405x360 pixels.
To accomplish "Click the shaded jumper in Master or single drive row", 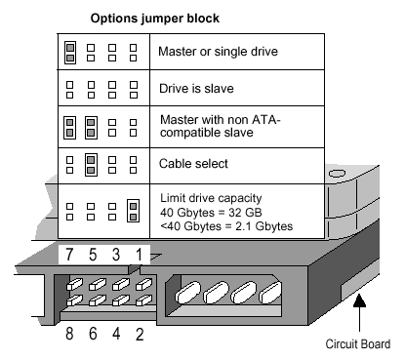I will [70, 51].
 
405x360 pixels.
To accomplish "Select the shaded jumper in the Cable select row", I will [91, 162].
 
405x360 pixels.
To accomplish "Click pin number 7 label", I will [69, 255].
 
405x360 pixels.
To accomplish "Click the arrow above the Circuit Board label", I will [360, 312].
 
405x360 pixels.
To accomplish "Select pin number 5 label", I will [93, 255].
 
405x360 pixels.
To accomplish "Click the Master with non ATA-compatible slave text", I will [218, 125].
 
